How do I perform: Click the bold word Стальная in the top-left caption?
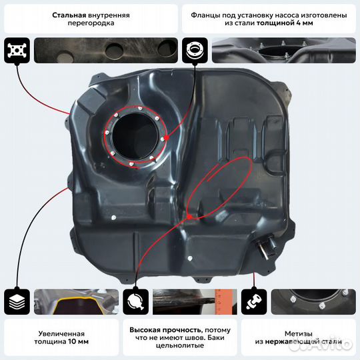click(69, 15)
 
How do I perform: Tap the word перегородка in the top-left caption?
click(91, 23)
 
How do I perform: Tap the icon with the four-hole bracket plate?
click(17, 50)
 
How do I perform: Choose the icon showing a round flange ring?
click(195, 50)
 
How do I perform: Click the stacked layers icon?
click(17, 302)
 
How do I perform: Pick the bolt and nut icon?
click(254, 302)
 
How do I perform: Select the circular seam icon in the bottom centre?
click(135, 302)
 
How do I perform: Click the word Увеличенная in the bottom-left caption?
click(61, 333)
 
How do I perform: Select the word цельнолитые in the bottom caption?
click(180, 345)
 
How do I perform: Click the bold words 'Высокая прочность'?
click(166, 330)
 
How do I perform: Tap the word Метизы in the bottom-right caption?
click(299, 333)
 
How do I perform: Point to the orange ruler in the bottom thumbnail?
click(221, 302)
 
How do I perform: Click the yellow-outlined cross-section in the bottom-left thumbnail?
click(77, 307)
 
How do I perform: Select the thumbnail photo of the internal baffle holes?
click(106, 50)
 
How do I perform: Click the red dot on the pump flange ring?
click(167, 137)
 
